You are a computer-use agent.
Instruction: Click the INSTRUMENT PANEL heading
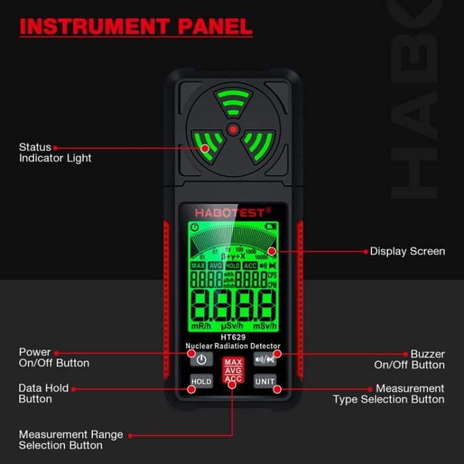[137, 27]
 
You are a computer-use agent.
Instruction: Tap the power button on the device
[201, 360]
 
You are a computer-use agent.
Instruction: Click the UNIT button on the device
[264, 382]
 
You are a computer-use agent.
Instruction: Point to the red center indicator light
[233, 128]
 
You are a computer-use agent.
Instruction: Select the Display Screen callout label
[407, 251]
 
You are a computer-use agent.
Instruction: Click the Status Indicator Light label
[55, 152]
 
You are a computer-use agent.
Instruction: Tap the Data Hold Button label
[43, 393]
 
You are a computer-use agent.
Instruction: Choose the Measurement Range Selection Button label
[70, 439]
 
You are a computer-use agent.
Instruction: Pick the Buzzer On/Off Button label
[409, 359]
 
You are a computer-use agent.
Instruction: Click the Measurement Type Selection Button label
[388, 394]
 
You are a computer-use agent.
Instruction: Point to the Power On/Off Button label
[54, 357]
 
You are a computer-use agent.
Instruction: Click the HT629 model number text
[233, 337]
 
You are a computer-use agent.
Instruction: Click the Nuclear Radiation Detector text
[233, 346]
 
